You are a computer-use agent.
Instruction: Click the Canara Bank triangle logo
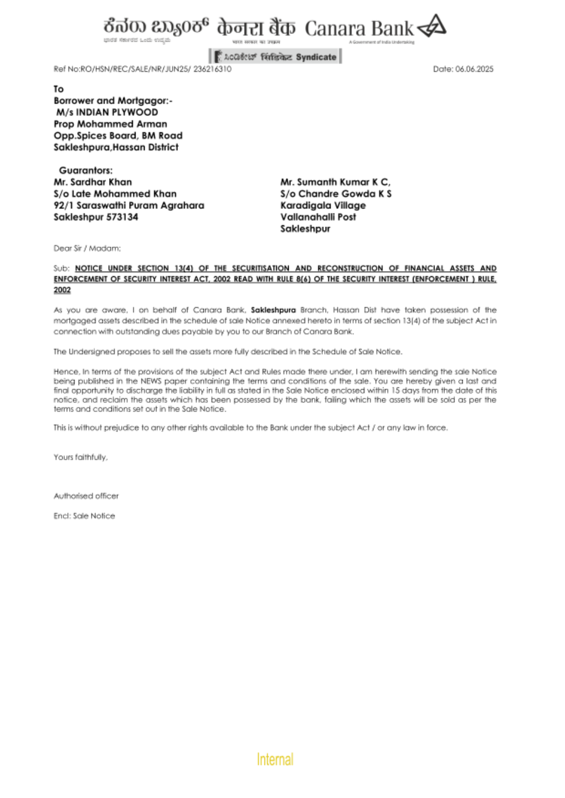[432, 26]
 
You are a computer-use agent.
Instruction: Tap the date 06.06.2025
[474, 69]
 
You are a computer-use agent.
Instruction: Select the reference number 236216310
[212, 69]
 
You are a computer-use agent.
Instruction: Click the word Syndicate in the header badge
[316, 57]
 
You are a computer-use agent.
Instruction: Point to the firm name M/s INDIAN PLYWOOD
[107, 112]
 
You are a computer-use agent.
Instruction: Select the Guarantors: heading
[85, 170]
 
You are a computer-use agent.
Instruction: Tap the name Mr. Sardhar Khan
[93, 182]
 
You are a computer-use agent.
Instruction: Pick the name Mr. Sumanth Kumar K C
[335, 182]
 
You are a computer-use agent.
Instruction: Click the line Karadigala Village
[323, 205]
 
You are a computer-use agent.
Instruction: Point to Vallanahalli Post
[318, 217]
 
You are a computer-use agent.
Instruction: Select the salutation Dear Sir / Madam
[87, 248]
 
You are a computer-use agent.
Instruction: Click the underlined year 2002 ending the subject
[62, 290]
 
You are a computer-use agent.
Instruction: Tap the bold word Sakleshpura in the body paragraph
[273, 310]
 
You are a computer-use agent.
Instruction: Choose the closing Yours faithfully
[80, 457]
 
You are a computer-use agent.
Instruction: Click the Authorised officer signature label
[86, 496]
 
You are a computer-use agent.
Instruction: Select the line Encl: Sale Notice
[84, 516]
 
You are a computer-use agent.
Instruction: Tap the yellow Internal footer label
[275, 759]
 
